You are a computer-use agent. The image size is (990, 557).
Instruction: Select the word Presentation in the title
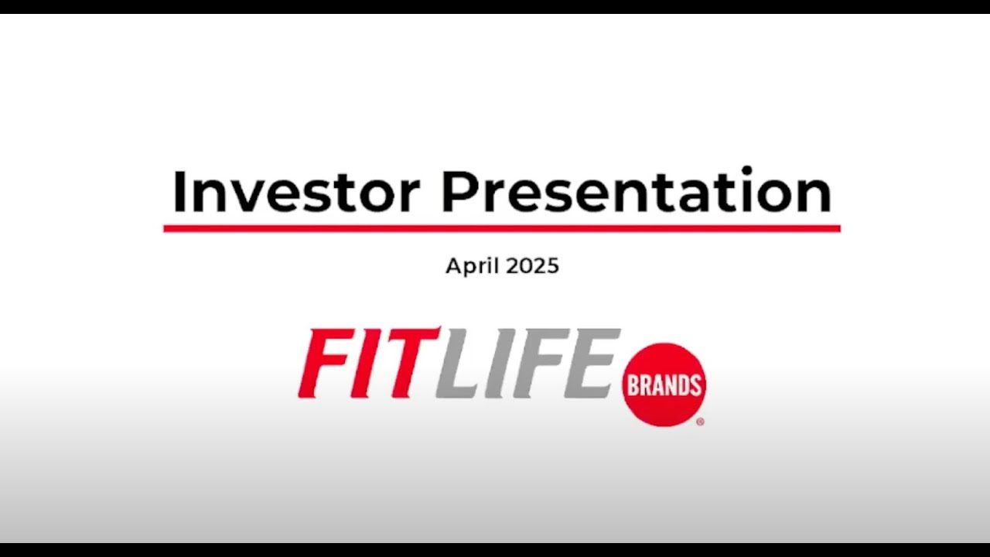[636, 192]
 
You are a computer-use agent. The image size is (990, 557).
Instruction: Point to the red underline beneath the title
[501, 228]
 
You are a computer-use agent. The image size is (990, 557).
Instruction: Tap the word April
[472, 267]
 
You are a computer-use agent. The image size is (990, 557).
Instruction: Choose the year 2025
[531, 266]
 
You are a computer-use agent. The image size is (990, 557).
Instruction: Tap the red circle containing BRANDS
[664, 384]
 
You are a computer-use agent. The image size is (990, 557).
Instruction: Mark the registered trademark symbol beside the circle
[700, 422]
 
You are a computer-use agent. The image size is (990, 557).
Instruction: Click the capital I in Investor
[179, 192]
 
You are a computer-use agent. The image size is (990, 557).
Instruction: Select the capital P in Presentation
[458, 192]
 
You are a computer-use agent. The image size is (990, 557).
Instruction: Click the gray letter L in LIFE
[458, 363]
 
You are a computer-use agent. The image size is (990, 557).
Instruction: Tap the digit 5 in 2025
[551, 266]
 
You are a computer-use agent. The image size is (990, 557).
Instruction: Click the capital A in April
[453, 266]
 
